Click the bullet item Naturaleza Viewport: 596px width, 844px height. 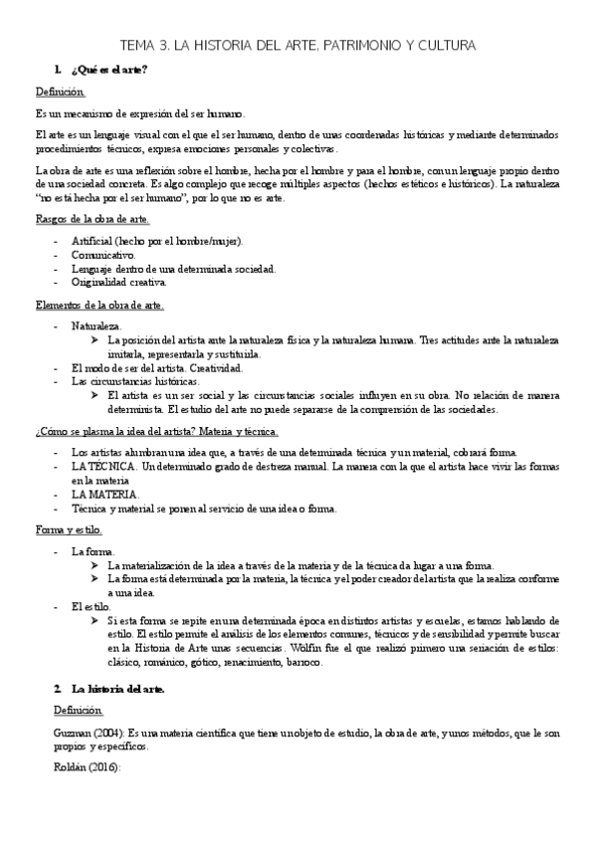click(x=97, y=325)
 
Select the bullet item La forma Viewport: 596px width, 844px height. click(x=94, y=550)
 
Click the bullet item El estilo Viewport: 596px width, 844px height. click(x=92, y=606)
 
